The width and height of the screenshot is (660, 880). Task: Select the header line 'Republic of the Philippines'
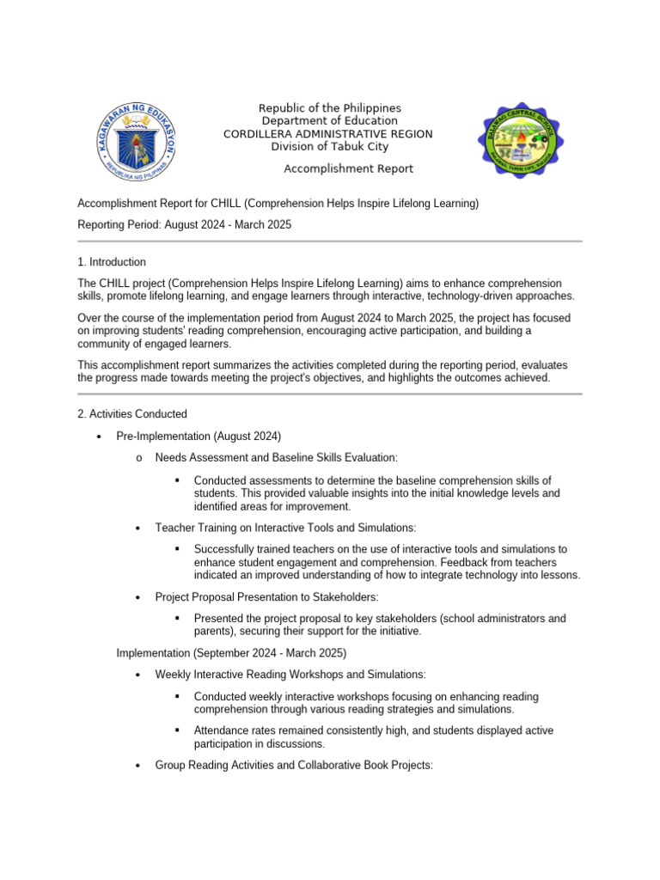(330, 108)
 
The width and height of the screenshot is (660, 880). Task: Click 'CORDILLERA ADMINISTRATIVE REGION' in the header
(328, 134)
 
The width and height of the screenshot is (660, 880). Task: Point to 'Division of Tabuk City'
(329, 147)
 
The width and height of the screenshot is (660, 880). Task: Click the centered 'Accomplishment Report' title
(348, 168)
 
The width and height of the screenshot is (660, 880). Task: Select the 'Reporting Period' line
(185, 224)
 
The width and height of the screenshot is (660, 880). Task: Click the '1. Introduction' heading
(112, 262)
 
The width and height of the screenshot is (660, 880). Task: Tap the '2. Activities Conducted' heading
(132, 414)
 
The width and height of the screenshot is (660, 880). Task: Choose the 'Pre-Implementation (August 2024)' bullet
(199, 437)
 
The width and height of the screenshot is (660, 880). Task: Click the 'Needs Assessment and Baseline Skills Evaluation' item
(276, 458)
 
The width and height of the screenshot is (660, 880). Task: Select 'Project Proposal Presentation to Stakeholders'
(266, 597)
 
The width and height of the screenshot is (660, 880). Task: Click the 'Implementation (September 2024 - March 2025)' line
(231, 653)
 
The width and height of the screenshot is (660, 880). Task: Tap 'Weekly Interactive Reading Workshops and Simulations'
(290, 675)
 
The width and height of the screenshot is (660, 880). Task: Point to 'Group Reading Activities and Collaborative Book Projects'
(294, 765)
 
